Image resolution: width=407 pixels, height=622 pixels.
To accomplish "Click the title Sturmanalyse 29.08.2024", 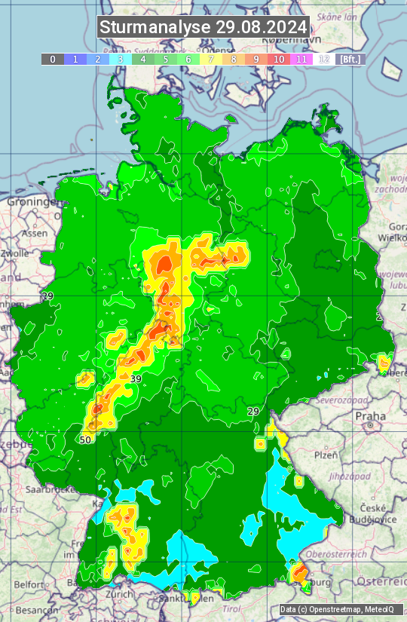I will coord(203,27).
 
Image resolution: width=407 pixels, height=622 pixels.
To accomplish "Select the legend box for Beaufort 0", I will coord(53,59).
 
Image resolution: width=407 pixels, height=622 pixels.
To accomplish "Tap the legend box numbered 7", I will coord(211,59).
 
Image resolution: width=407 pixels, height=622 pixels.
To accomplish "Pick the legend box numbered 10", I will coord(279,59).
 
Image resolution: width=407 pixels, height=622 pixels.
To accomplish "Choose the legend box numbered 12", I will coord(324,59).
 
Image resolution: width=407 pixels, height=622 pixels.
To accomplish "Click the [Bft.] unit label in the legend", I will coord(350,59).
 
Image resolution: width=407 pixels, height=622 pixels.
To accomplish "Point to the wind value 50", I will coord(85,440).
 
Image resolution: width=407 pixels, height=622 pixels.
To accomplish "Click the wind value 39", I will coord(136,378).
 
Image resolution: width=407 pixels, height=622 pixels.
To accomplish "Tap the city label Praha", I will coord(370,416).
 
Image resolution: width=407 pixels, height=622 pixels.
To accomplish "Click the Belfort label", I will coord(29,584).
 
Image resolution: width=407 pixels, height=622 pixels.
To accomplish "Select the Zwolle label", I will coord(14,253).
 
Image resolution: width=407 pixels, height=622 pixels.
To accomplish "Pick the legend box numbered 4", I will coord(143,59).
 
